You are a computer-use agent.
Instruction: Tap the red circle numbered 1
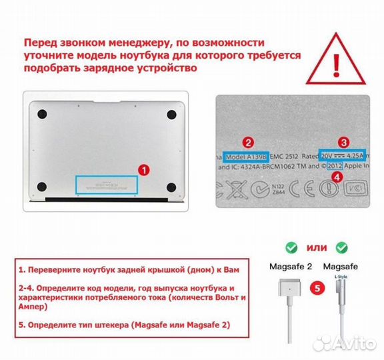(x=142, y=170)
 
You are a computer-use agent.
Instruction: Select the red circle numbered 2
(x=247, y=142)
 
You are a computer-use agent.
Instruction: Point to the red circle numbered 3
(x=343, y=142)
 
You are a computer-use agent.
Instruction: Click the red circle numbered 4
(x=337, y=177)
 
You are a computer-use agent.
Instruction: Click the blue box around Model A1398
(x=247, y=157)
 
